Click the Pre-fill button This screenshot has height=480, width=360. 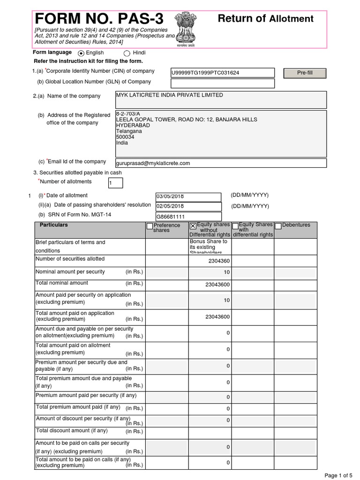pyautogui.click(x=305, y=73)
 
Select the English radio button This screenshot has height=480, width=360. pyautogui.click(x=82, y=53)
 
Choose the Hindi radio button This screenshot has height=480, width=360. pyautogui.click(x=127, y=53)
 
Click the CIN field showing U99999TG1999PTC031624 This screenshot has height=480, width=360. pyautogui.click(x=223, y=73)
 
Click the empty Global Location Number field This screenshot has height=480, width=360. pyautogui.click(x=223, y=83)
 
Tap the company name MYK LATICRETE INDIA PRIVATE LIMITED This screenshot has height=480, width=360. pyautogui.click(x=169, y=95)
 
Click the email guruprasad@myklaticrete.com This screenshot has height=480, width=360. pyautogui.click(x=153, y=163)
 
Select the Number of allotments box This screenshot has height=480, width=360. pyautogui.click(x=115, y=183)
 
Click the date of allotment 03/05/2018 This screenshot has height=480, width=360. pyautogui.click(x=188, y=197)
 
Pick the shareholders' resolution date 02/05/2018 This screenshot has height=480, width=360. pyautogui.click(x=188, y=206)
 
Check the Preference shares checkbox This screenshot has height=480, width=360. pyautogui.click(x=150, y=226)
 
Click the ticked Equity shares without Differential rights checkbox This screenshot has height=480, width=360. pyautogui.click(x=193, y=226)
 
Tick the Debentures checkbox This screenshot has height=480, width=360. pyautogui.click(x=278, y=226)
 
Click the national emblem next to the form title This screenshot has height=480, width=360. pyautogui.click(x=187, y=28)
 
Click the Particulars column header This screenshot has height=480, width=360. pyautogui.click(x=54, y=225)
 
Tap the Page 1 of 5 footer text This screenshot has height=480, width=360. pyautogui.click(x=338, y=475)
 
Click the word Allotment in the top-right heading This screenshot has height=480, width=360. pyautogui.click(x=291, y=19)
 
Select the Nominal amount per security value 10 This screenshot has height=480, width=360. pyautogui.click(x=227, y=272)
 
